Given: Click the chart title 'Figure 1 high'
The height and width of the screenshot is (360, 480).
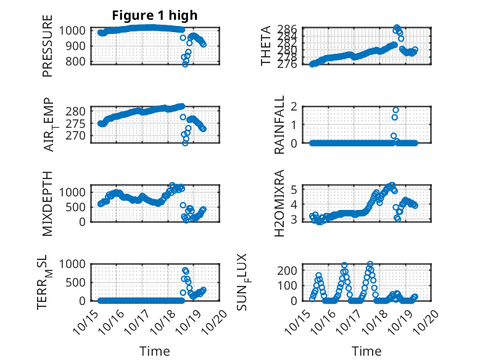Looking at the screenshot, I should click(x=155, y=15).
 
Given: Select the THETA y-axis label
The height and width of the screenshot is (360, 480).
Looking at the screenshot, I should click(x=266, y=45).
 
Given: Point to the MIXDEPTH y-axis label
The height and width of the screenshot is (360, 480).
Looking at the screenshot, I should click(x=48, y=203).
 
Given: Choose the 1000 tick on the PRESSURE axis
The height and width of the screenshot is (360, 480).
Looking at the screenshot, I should click(x=77, y=30).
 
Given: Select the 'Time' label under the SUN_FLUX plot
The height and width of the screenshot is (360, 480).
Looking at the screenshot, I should click(x=366, y=351).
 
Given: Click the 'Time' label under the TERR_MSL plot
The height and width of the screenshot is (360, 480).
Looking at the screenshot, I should click(x=155, y=351).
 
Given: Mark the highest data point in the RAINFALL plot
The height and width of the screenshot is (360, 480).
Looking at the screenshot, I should click(x=395, y=110).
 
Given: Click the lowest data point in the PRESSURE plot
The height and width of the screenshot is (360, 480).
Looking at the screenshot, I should click(x=185, y=64).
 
